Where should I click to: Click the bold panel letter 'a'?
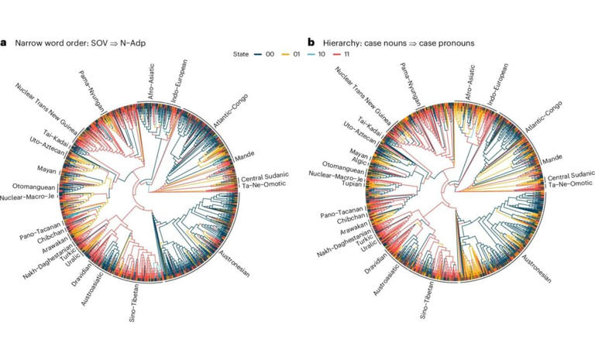point(4,41)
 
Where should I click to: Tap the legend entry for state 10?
point(321,55)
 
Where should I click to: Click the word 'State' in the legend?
point(242,55)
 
